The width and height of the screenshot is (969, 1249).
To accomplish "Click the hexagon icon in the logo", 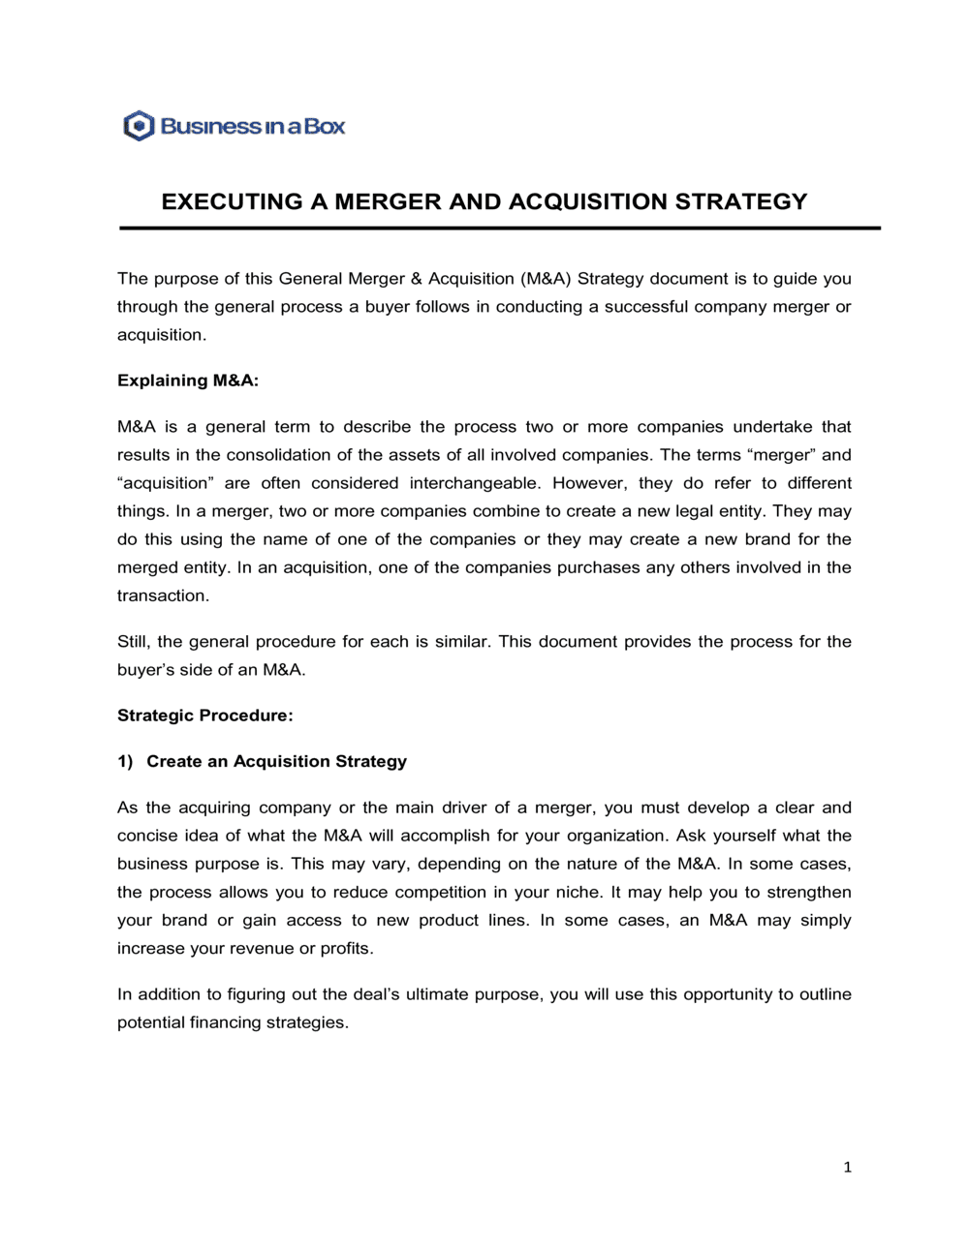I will click(x=140, y=126).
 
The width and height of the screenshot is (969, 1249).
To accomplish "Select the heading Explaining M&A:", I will click(x=188, y=381).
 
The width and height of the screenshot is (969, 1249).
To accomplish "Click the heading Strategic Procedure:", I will click(x=204, y=716).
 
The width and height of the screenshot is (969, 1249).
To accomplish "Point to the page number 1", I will click(x=848, y=1168).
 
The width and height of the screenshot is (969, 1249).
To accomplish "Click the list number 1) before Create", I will click(x=125, y=761).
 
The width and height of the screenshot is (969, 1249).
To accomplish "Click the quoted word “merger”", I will click(x=780, y=455).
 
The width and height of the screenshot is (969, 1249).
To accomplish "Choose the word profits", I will click(x=347, y=948).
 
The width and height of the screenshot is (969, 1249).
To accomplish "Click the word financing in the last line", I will click(x=228, y=1022).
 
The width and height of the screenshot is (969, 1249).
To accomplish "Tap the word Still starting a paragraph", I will click(x=133, y=641).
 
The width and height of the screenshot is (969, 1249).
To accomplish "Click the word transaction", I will click(x=163, y=595).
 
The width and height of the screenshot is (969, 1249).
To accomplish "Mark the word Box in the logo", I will click(x=326, y=126).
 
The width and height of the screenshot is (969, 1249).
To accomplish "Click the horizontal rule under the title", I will click(x=499, y=228).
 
